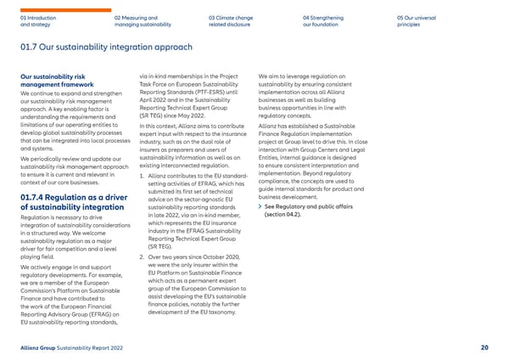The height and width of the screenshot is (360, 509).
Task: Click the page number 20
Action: click(x=484, y=346)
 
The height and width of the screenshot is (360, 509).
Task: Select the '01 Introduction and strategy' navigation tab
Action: click(x=37, y=20)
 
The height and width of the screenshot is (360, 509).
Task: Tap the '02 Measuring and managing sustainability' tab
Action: click(x=138, y=20)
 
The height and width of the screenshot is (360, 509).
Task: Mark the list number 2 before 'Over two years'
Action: click(x=141, y=256)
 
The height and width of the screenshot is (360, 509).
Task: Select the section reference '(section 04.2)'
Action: click(x=288, y=214)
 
